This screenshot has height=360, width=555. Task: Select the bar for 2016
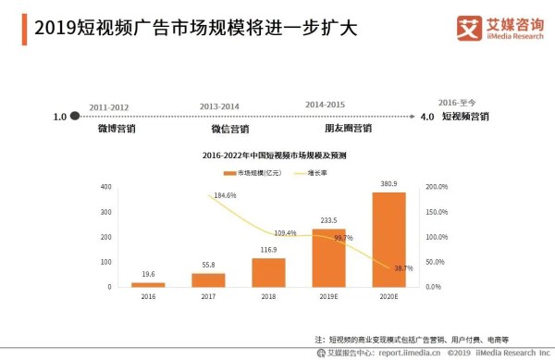click(148, 284)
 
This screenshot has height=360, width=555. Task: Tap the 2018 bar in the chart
click(268, 272)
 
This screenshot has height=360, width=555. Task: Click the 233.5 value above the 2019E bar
click(328, 221)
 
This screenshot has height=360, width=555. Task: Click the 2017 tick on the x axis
click(208, 296)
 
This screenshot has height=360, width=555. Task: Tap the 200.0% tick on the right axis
click(436, 187)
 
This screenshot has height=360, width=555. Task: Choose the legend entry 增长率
click(318, 173)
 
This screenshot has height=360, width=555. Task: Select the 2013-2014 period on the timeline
click(218, 106)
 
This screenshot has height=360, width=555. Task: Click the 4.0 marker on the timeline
click(426, 118)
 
